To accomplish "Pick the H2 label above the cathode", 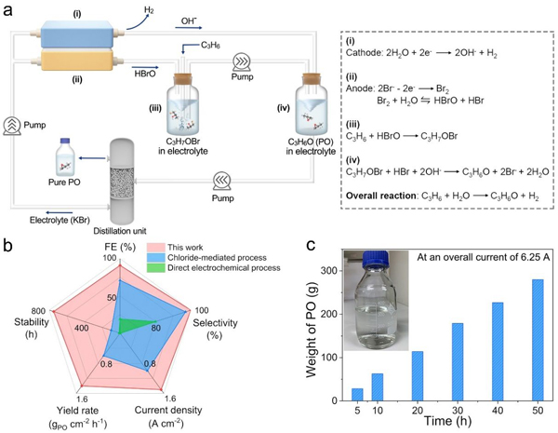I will pos(138,11).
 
